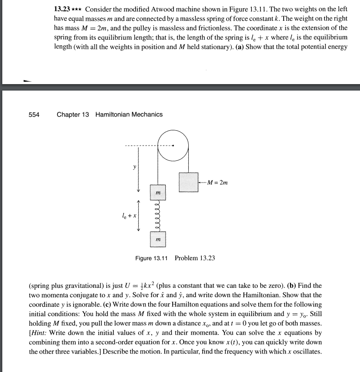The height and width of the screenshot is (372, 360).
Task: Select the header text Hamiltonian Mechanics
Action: [x=129, y=114]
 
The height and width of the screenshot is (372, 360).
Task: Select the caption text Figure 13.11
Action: [x=152, y=258]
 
